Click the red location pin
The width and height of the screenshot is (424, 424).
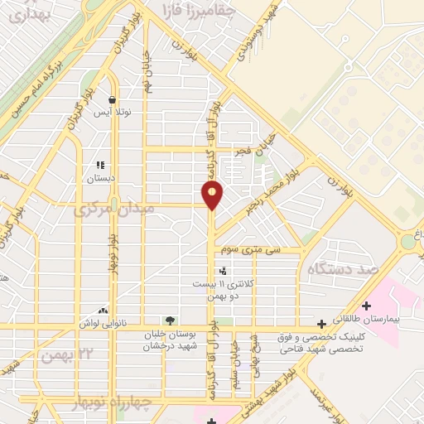click(213, 195)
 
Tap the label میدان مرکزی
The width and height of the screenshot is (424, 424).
click(114, 210)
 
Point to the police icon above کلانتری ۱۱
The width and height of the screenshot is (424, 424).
click(222, 271)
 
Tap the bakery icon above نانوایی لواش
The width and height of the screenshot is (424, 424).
click(103, 311)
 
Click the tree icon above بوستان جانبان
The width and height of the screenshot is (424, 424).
click(170, 320)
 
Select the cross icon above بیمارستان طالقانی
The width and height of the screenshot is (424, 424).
click(366, 306)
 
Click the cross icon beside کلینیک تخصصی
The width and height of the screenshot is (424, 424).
click(321, 324)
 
